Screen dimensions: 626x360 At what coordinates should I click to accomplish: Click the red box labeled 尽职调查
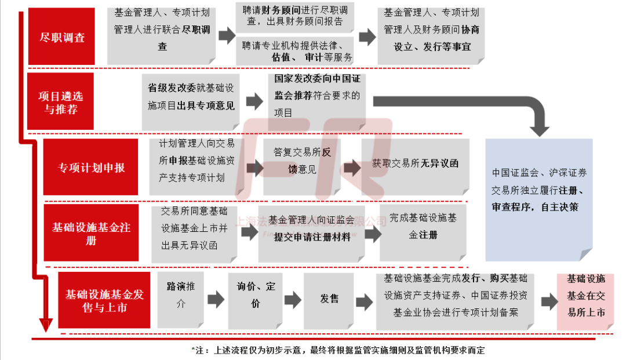pyautogui.click(x=61, y=37)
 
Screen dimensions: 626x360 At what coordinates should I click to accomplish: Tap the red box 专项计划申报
pyautogui.click(x=91, y=167)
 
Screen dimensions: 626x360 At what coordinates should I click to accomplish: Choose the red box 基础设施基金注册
pyautogui.click(x=91, y=232)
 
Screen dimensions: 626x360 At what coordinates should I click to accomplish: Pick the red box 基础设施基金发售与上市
pyautogui.click(x=104, y=300)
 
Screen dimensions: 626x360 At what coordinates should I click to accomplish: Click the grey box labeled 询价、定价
pyautogui.click(x=256, y=295)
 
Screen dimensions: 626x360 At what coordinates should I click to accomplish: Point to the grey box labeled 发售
pyautogui.click(x=329, y=299)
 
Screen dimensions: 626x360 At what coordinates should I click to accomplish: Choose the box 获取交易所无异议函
pyautogui.click(x=415, y=164)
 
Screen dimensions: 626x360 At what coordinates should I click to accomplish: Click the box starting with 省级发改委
pyautogui.click(x=191, y=97)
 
